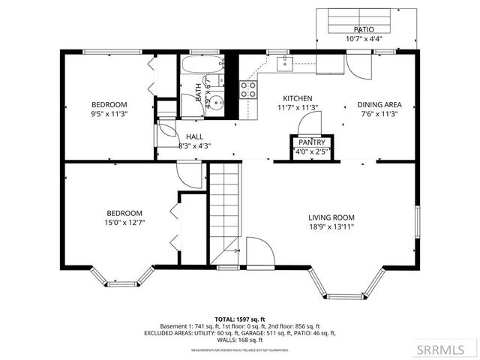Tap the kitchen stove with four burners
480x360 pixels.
(248, 89)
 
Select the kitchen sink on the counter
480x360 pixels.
(284, 64)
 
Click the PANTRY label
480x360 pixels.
(311, 142)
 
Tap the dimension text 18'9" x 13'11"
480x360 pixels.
(331, 226)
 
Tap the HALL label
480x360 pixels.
(194, 136)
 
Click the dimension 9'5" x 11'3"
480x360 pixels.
(109, 114)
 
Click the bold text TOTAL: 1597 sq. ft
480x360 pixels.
(239, 319)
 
